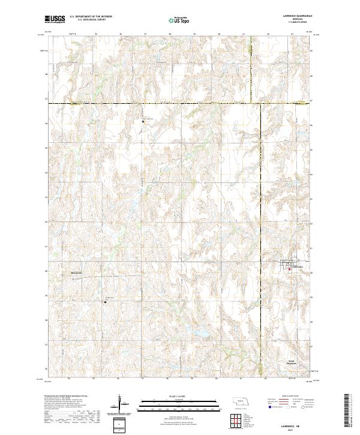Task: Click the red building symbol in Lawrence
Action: (x=290, y=268)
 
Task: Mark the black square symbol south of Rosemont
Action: (x=106, y=302)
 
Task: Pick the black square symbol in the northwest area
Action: (x=143, y=121)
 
